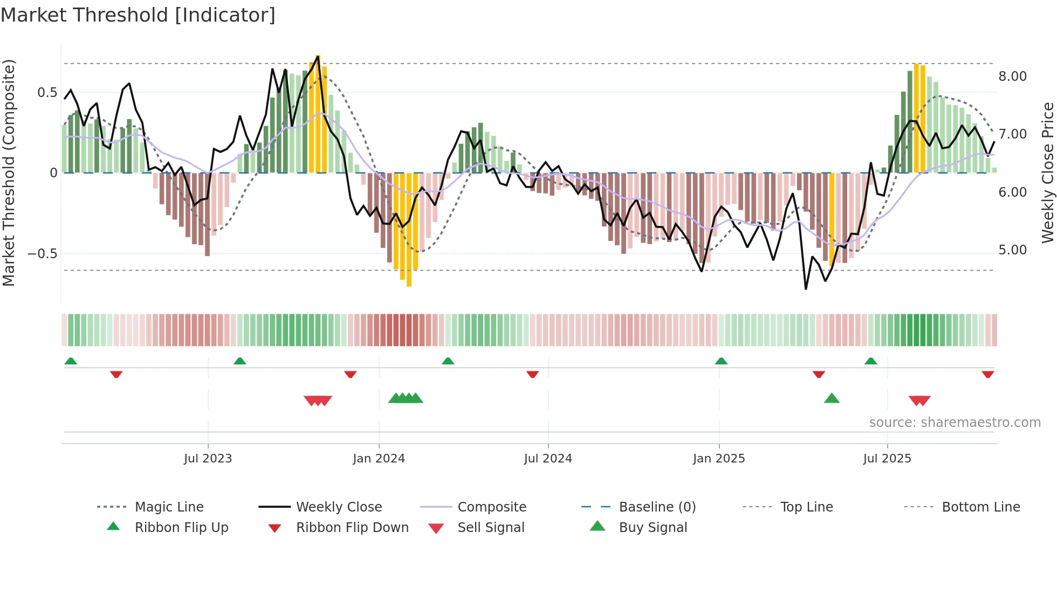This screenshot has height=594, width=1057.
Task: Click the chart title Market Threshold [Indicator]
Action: [x=138, y=15]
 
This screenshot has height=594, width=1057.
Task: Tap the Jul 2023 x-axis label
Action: [x=208, y=459]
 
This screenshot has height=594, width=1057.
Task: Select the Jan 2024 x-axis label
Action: [x=379, y=459]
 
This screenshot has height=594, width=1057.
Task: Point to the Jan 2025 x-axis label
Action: [x=719, y=459]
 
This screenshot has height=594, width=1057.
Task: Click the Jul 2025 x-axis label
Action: [x=887, y=459]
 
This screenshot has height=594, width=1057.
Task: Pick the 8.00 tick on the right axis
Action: [x=1012, y=77]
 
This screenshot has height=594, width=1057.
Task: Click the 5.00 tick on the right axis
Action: [x=1012, y=250]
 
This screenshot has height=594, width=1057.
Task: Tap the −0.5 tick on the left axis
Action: [x=43, y=254]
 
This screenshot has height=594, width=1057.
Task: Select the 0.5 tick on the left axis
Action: [x=47, y=93]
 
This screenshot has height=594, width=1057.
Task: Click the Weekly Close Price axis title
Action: [x=1047, y=172]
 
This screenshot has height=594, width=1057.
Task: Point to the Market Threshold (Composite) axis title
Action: [x=9, y=172]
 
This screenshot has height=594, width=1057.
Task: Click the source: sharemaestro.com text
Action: [x=955, y=423]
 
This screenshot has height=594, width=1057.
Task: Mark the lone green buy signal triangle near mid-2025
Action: [x=832, y=398]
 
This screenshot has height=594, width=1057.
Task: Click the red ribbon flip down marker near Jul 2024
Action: [x=532, y=374]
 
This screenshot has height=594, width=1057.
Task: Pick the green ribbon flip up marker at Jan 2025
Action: [x=721, y=361]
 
